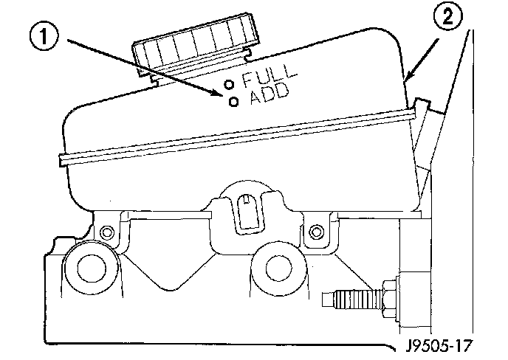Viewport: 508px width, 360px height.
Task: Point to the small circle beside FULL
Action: tap(229, 83)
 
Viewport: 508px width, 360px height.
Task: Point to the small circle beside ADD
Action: tap(234, 103)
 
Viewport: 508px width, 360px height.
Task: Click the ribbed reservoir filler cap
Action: tap(197, 46)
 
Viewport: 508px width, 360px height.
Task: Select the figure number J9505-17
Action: tap(436, 343)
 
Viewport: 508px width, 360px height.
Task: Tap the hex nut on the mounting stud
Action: tap(389, 297)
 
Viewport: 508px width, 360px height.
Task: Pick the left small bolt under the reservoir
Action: tap(109, 232)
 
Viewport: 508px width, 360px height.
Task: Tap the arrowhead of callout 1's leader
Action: tap(220, 94)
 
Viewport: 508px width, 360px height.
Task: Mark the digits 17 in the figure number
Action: tap(462, 343)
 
